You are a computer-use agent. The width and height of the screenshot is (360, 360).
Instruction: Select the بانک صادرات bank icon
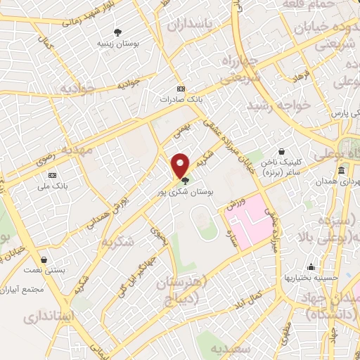pyautogui.click(x=182, y=89)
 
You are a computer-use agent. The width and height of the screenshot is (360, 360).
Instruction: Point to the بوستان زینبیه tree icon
pyautogui.click(x=118, y=32)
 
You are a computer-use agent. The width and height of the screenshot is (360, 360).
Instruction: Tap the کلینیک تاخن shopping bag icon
pyautogui.click(x=281, y=151)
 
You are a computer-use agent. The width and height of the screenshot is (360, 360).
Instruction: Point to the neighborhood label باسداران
pyautogui.click(x=189, y=25)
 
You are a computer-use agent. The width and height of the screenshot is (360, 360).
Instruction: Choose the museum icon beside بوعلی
pyautogui.click(x=341, y=171)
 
